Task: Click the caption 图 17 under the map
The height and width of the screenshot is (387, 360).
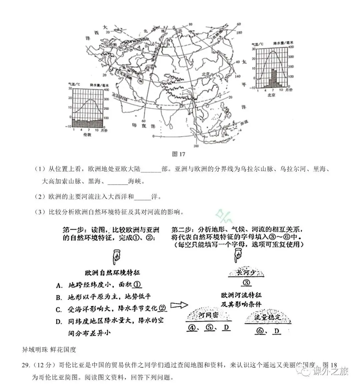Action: point(178,154)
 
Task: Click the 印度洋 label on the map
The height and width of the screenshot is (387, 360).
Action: point(139,126)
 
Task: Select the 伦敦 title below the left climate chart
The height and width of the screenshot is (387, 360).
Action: point(87,135)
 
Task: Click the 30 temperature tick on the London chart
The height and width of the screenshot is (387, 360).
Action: point(70,89)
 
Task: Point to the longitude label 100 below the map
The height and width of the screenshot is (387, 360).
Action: point(196,146)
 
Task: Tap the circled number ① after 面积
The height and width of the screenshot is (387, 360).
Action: point(137,285)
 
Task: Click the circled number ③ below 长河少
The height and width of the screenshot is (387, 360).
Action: point(246,283)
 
